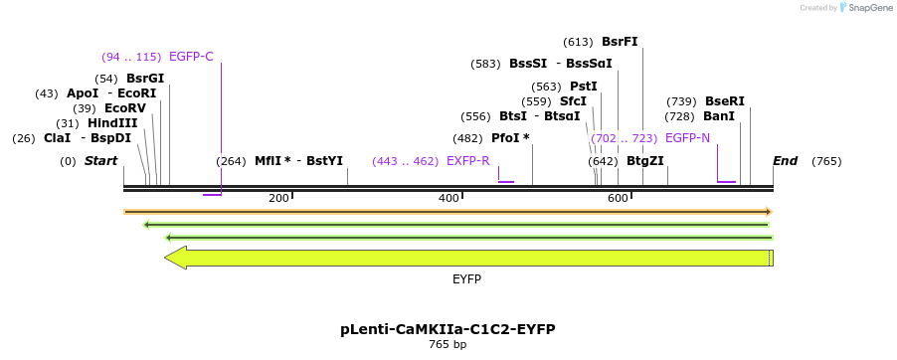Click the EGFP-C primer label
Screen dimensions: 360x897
tap(191, 56)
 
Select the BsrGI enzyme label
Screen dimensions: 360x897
tap(145, 78)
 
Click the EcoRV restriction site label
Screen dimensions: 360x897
tap(124, 108)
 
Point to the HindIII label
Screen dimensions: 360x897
tap(111, 123)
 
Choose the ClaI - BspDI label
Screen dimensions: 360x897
tap(87, 138)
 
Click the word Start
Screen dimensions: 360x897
tap(100, 161)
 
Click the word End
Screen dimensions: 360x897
tap(785, 161)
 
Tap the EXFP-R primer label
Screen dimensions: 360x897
tap(467, 161)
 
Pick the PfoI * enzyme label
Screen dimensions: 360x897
tap(510, 138)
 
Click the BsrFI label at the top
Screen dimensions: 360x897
tap(620, 42)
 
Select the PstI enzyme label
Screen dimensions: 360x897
tap(584, 87)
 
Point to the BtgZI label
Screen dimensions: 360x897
tap(645, 161)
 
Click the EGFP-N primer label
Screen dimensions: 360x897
tap(687, 138)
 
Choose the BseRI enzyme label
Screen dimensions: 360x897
tap(724, 101)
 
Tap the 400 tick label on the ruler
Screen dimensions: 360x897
tap(448, 199)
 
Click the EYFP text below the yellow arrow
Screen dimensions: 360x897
tap(467, 280)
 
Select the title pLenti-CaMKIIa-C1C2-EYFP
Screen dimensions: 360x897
tap(448, 329)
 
